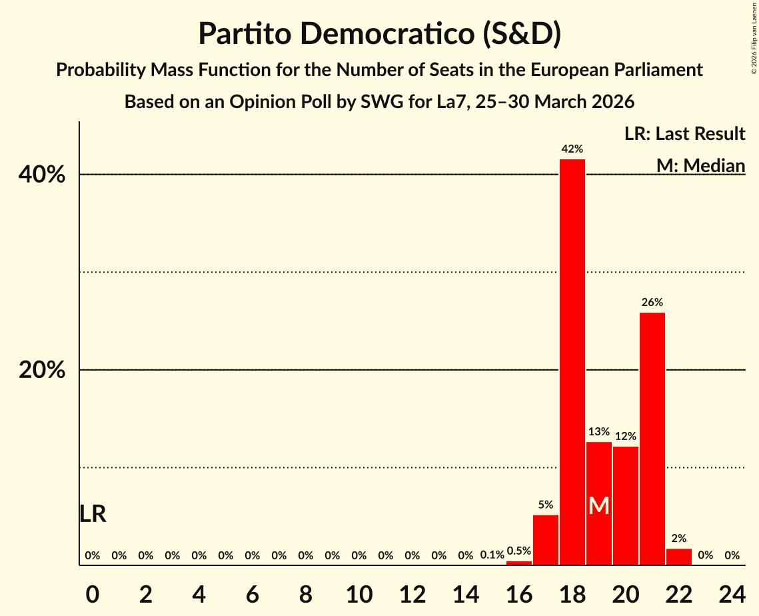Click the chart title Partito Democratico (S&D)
(x=379, y=33)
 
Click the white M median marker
(x=599, y=506)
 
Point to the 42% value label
(x=572, y=149)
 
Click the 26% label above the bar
(x=652, y=303)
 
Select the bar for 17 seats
(x=546, y=540)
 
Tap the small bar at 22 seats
(x=679, y=557)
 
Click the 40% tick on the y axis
(x=41, y=175)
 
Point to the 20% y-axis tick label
(x=41, y=371)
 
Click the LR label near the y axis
(x=93, y=514)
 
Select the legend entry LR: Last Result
(x=684, y=134)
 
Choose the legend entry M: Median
(x=700, y=165)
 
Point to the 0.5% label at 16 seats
(x=519, y=551)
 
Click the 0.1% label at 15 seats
(x=492, y=555)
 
